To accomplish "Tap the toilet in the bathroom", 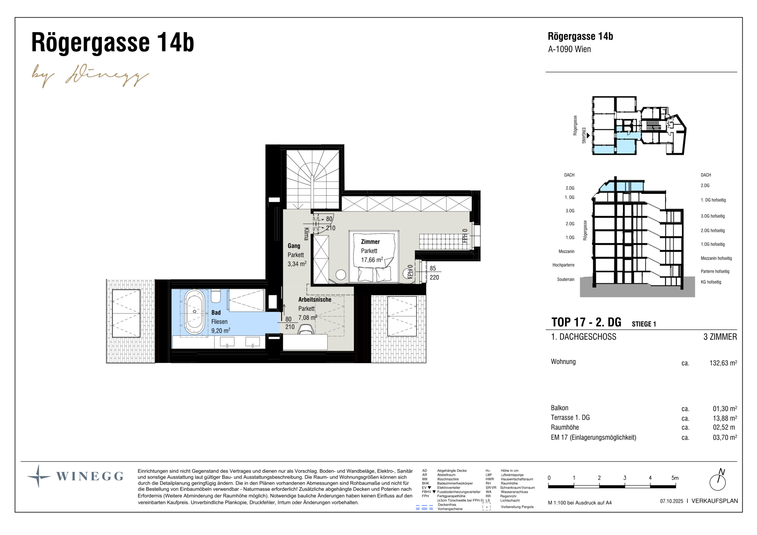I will tap(216, 296).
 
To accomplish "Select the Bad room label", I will tap(216, 313).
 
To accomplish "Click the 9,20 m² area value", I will tap(221, 330).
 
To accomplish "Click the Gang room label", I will tap(294, 246).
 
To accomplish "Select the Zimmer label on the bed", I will tap(370, 242).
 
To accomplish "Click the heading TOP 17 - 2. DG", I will tap(586, 322).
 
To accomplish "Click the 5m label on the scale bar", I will tap(675, 478).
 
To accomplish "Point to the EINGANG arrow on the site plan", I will tap(588, 135).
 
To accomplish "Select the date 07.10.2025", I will tap(671, 501).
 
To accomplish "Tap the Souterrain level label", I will tap(565, 280).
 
